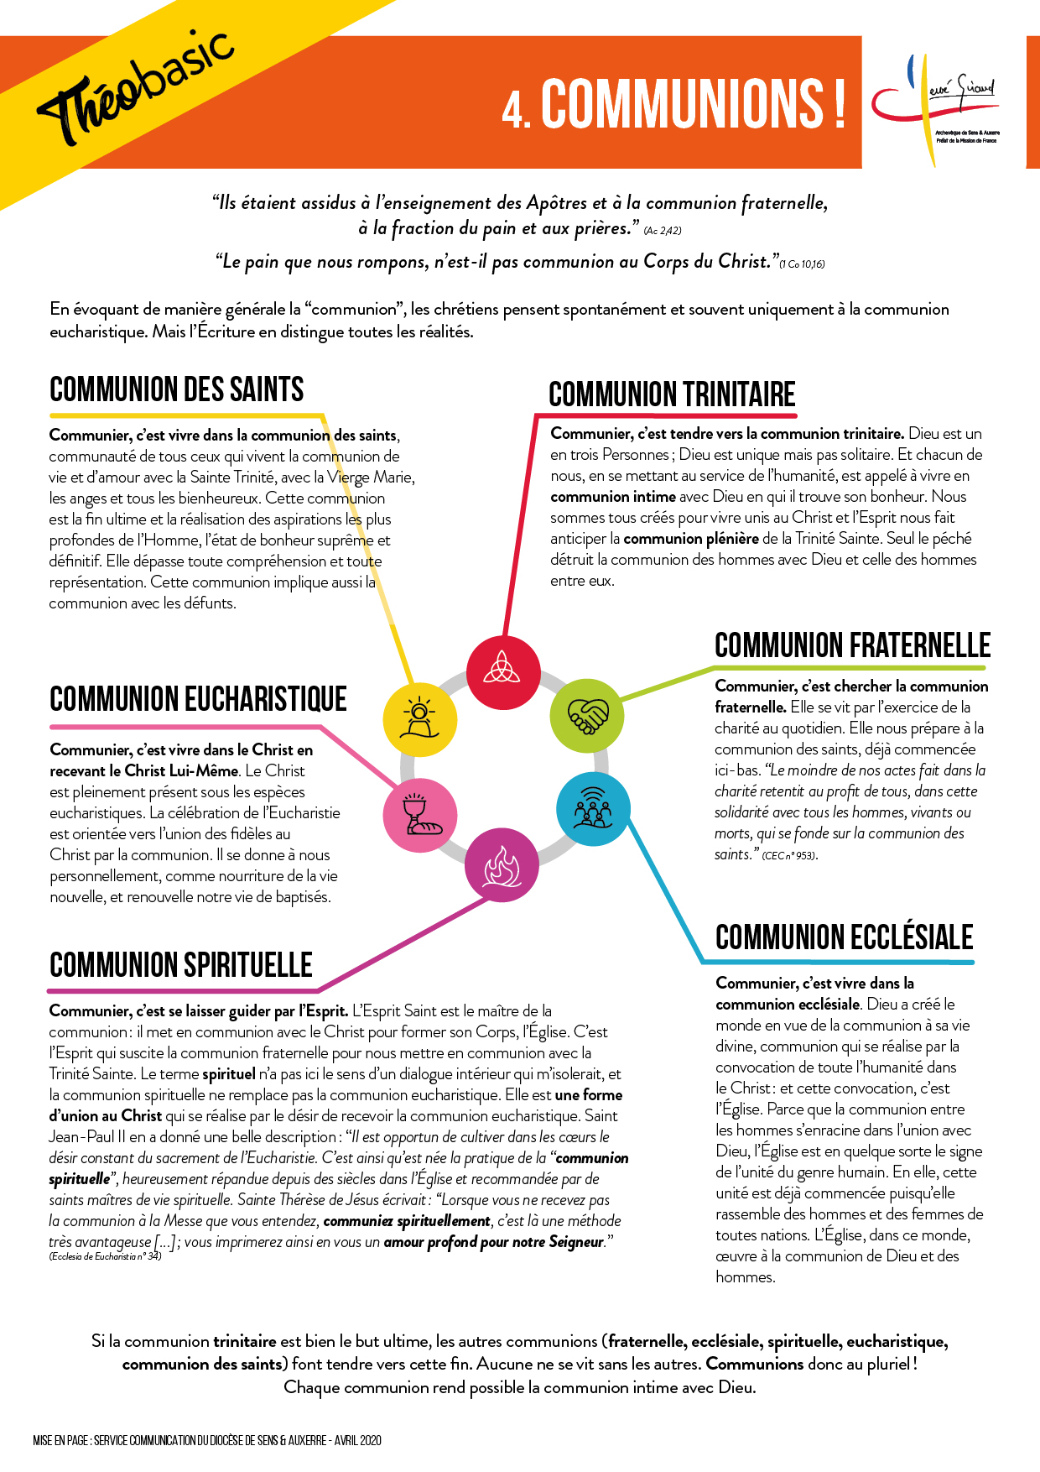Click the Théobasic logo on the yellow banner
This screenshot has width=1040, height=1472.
(x=134, y=88)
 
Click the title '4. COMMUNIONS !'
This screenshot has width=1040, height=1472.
(x=673, y=104)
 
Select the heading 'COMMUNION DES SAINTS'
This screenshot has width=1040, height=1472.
(x=177, y=390)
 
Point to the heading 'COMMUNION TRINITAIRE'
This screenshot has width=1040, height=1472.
(x=672, y=394)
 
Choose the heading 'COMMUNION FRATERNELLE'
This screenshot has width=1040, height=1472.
(x=852, y=645)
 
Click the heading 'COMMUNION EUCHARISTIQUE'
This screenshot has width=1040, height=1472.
(x=198, y=699)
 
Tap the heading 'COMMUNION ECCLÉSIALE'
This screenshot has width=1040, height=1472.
(x=844, y=937)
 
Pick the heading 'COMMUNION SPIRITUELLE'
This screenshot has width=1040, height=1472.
(x=181, y=965)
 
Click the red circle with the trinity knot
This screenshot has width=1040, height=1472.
(x=503, y=672)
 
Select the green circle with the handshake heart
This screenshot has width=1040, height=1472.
(x=586, y=716)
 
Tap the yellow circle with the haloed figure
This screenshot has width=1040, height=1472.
(x=419, y=719)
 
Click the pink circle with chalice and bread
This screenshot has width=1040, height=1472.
(x=419, y=814)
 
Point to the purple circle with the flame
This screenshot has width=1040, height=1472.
(x=502, y=865)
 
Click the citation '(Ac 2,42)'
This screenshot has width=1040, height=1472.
(x=663, y=231)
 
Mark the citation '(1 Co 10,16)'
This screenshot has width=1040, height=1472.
(x=802, y=264)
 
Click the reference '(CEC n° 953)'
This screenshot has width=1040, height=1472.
(x=789, y=856)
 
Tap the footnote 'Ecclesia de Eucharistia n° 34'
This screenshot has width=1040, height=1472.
(x=105, y=1256)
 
